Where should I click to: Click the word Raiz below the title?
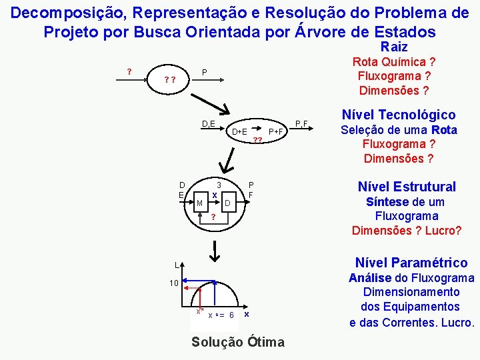coord(393,47)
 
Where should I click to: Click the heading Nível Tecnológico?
coord(398,115)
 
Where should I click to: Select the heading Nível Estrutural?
coord(407,187)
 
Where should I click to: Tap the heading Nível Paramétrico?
coord(411,263)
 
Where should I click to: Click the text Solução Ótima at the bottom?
coord(237,343)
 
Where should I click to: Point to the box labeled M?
coord(199,203)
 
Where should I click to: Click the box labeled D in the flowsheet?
coord(227,203)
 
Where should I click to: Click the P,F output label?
coord(301,123)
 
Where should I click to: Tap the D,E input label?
coord(208,123)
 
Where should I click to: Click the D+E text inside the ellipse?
coord(239,132)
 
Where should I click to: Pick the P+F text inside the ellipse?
coord(276,132)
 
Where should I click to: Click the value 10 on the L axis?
coord(173,283)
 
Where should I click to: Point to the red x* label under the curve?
coord(198,311)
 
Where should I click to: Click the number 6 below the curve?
coord(231,315)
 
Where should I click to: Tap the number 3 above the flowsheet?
coord(219,185)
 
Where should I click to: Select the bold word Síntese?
coord(387,202)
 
